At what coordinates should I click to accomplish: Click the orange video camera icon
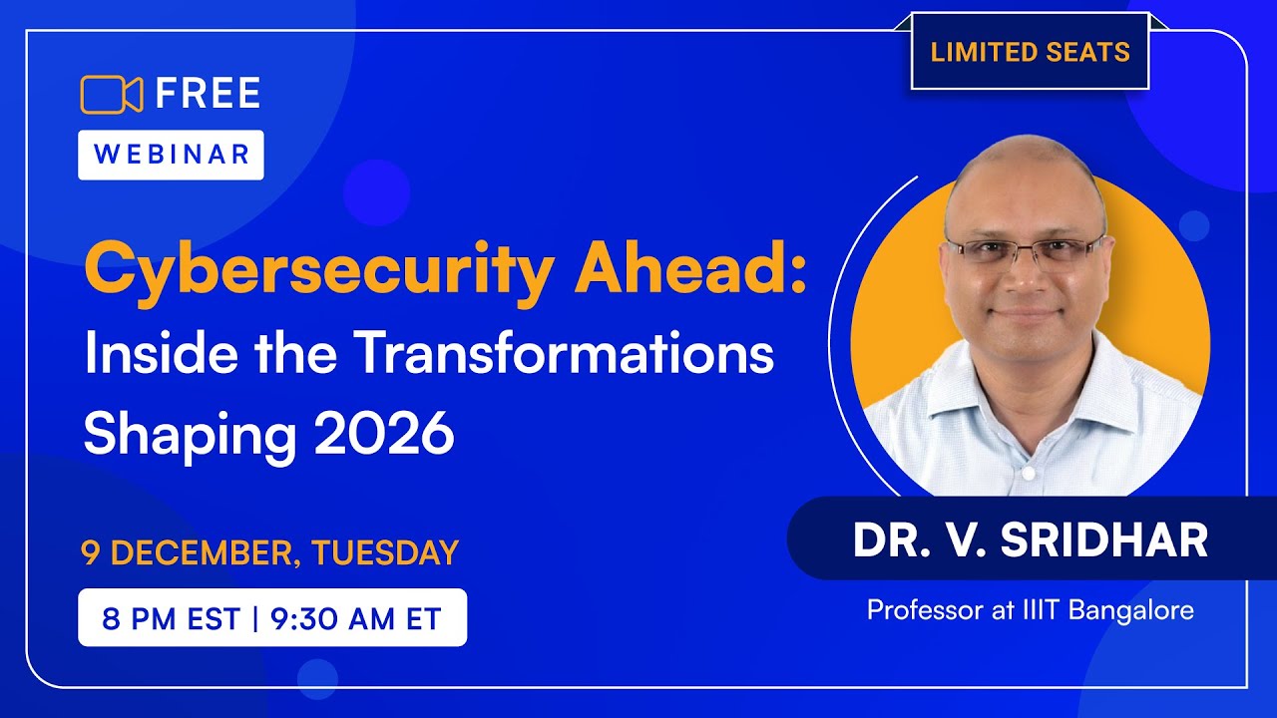112,94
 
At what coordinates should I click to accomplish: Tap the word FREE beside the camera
208,94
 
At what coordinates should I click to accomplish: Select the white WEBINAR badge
171,155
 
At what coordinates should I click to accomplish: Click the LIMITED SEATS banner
1030,52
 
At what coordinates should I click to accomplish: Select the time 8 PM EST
171,618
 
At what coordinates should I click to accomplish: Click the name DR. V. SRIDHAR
1030,540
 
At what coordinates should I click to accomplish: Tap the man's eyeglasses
1024,251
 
